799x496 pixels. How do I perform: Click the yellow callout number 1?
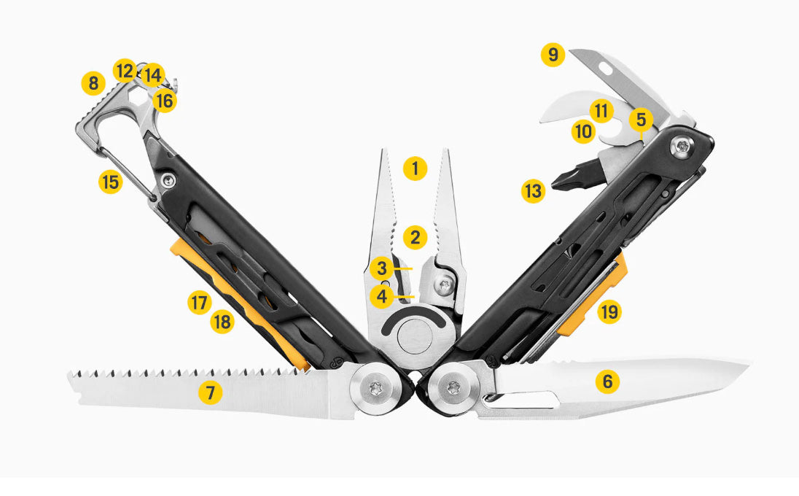[x=415, y=169]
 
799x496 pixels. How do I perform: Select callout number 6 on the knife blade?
[x=607, y=381]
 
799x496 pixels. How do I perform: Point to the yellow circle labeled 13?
[x=534, y=192]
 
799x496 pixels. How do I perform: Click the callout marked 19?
[x=609, y=313]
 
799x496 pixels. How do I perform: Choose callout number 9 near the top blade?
[x=553, y=55]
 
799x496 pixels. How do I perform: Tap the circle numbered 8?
[x=93, y=84]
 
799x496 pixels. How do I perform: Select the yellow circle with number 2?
[x=415, y=237]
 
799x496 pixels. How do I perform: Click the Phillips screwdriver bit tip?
[x=557, y=183]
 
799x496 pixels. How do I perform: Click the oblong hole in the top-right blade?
[x=606, y=70]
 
